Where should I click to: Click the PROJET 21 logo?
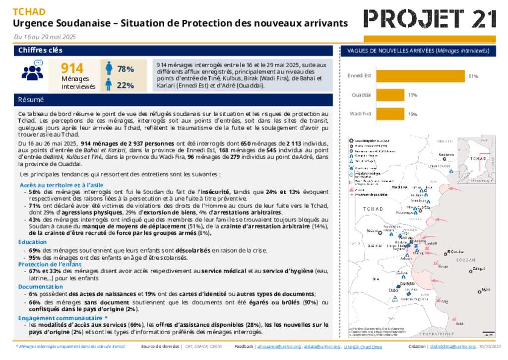click(x=430, y=19)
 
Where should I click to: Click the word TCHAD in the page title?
click(x=29, y=12)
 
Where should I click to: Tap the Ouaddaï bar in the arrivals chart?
click(x=390, y=95)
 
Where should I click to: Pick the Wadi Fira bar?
click(x=390, y=114)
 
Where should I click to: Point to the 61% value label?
click(x=472, y=76)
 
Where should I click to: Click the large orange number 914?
click(x=72, y=69)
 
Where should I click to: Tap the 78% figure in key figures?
click(x=126, y=69)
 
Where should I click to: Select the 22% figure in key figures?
click(x=126, y=85)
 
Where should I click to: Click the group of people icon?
click(x=33, y=71)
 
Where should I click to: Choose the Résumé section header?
click(x=31, y=100)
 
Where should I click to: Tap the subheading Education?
click(x=33, y=242)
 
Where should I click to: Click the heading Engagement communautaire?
click(x=60, y=317)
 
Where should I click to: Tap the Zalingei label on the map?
click(x=479, y=269)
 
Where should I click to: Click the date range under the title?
click(x=45, y=37)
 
